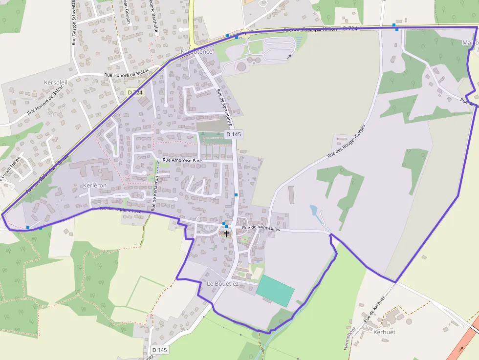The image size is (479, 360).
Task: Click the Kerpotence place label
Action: [x=196, y=51]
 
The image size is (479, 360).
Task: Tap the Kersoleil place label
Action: [x=55, y=83]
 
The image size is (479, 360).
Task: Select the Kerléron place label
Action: [x=95, y=186]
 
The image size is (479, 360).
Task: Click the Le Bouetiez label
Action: [x=222, y=283]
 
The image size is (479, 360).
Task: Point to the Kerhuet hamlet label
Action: [x=384, y=332]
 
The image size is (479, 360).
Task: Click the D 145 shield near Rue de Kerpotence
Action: [x=234, y=134]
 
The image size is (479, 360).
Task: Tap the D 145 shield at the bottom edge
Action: [x=160, y=350]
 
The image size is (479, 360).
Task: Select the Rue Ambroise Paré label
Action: [x=182, y=160]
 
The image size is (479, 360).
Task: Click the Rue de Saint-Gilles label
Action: [x=260, y=228]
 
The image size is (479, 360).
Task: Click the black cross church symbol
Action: [x=226, y=233]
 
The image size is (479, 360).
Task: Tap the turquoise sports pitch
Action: [x=275, y=291]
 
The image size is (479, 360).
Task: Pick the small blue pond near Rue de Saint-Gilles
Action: [x=314, y=211]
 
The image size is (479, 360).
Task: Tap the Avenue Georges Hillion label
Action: [x=310, y=29]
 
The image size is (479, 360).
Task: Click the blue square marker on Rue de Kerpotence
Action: [x=236, y=195]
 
